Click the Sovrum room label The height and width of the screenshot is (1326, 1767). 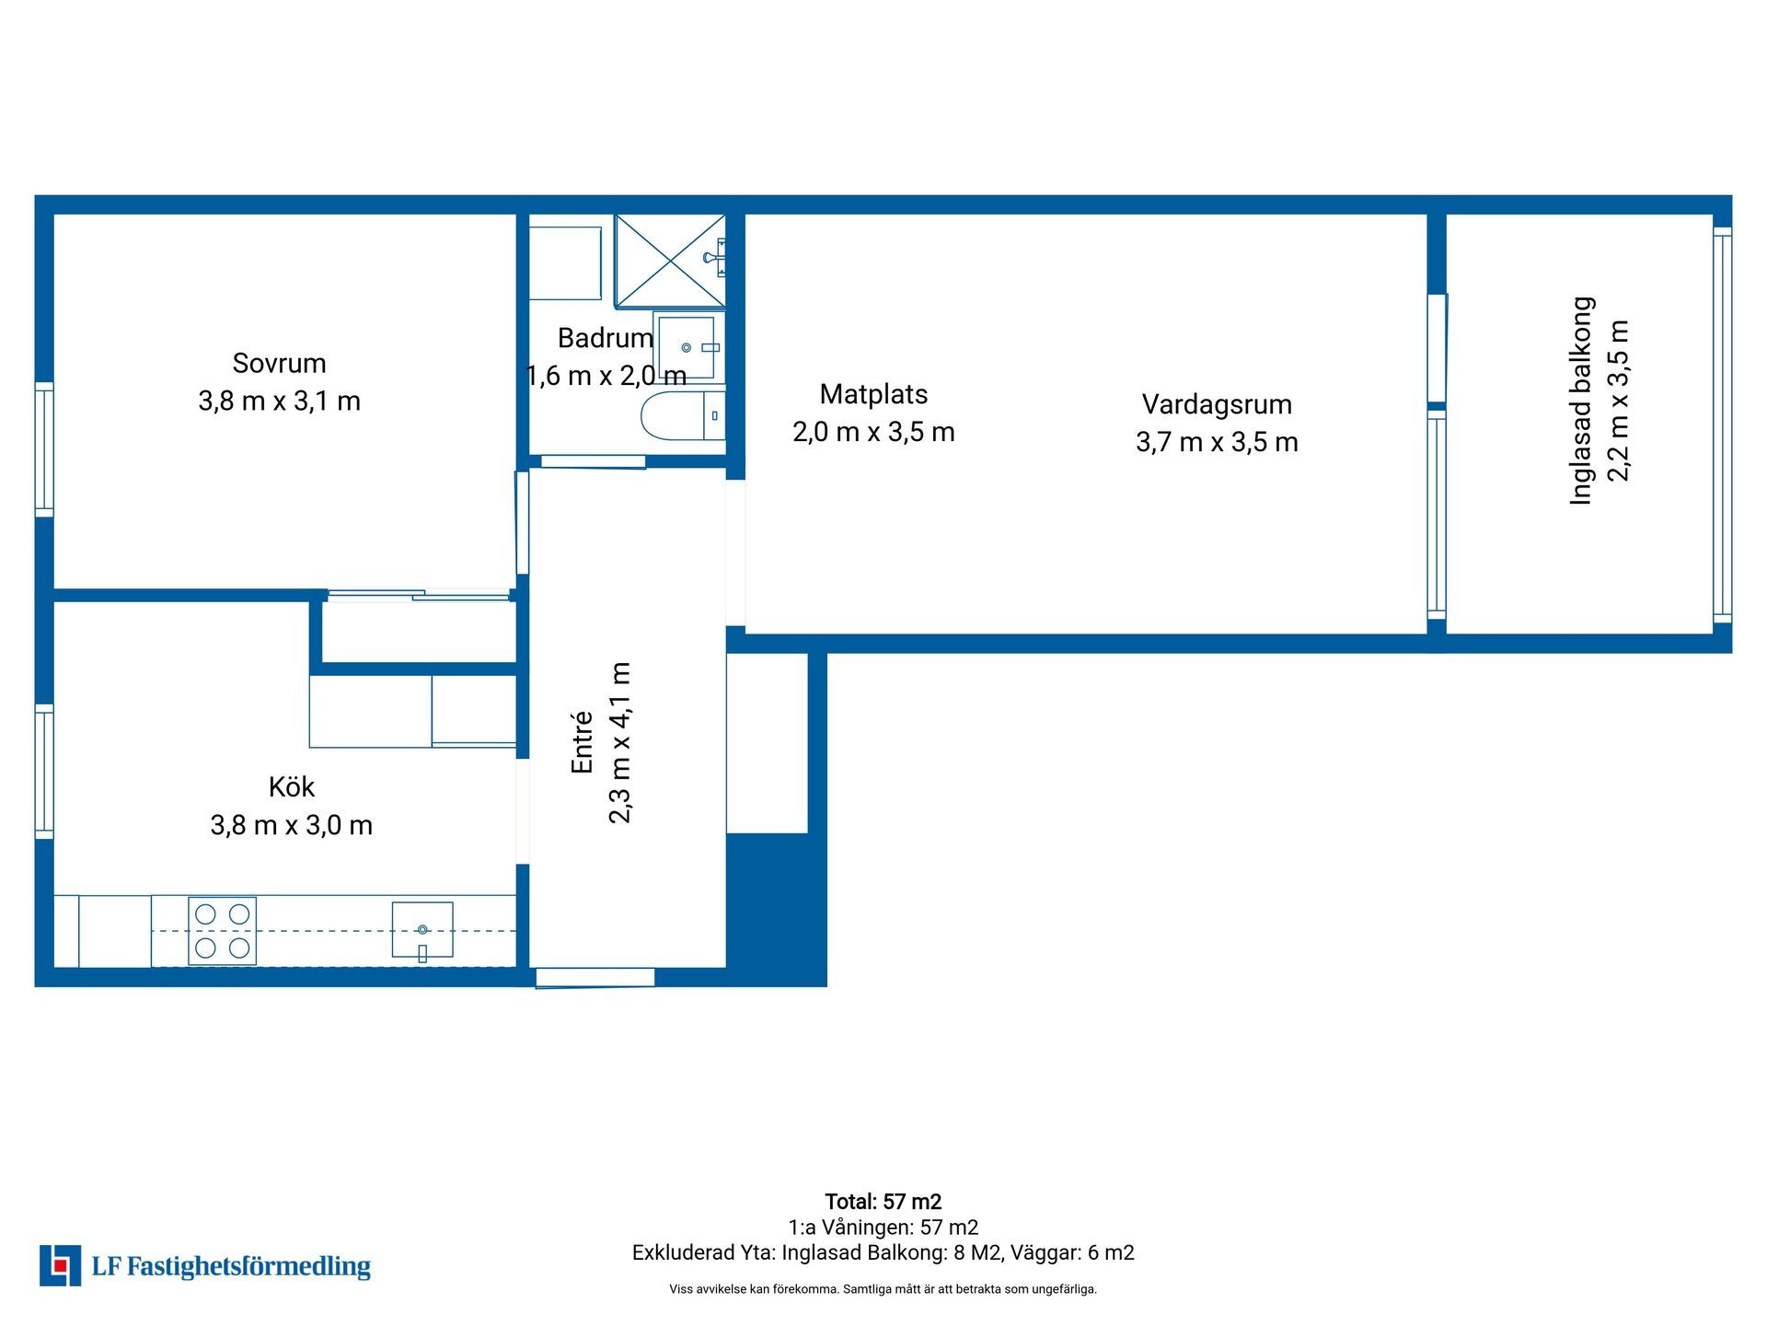pyautogui.click(x=279, y=364)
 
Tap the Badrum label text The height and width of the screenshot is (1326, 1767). pyautogui.click(x=606, y=338)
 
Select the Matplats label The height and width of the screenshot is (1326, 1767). pyautogui.click(x=873, y=394)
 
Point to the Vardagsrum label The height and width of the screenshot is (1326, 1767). pyautogui.click(x=1217, y=405)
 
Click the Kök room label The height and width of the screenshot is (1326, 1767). pyautogui.click(x=292, y=787)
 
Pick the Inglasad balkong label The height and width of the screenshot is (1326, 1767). pyautogui.click(x=1581, y=401)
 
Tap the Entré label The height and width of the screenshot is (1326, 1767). pyautogui.click(x=582, y=742)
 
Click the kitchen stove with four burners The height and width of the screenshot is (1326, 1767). pyautogui.click(x=223, y=931)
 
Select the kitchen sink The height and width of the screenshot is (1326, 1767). pyautogui.click(x=422, y=930)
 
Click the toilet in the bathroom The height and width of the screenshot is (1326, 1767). pyautogui.click(x=683, y=415)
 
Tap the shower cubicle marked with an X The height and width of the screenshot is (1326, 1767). pyautogui.click(x=670, y=261)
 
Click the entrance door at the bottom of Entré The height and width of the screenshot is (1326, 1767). pyautogui.click(x=595, y=978)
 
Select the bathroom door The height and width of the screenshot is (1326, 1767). pyautogui.click(x=593, y=461)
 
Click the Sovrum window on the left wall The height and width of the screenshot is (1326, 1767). pyautogui.click(x=44, y=448)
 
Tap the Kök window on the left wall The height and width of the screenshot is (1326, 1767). pyautogui.click(x=44, y=772)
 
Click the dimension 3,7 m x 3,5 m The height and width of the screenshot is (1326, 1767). pyautogui.click(x=1217, y=443)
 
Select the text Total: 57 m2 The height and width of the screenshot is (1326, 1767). pyautogui.click(x=883, y=1202)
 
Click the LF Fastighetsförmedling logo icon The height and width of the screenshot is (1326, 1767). pyautogui.click(x=60, y=1265)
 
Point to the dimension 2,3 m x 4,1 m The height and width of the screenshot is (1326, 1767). pyautogui.click(x=620, y=742)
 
